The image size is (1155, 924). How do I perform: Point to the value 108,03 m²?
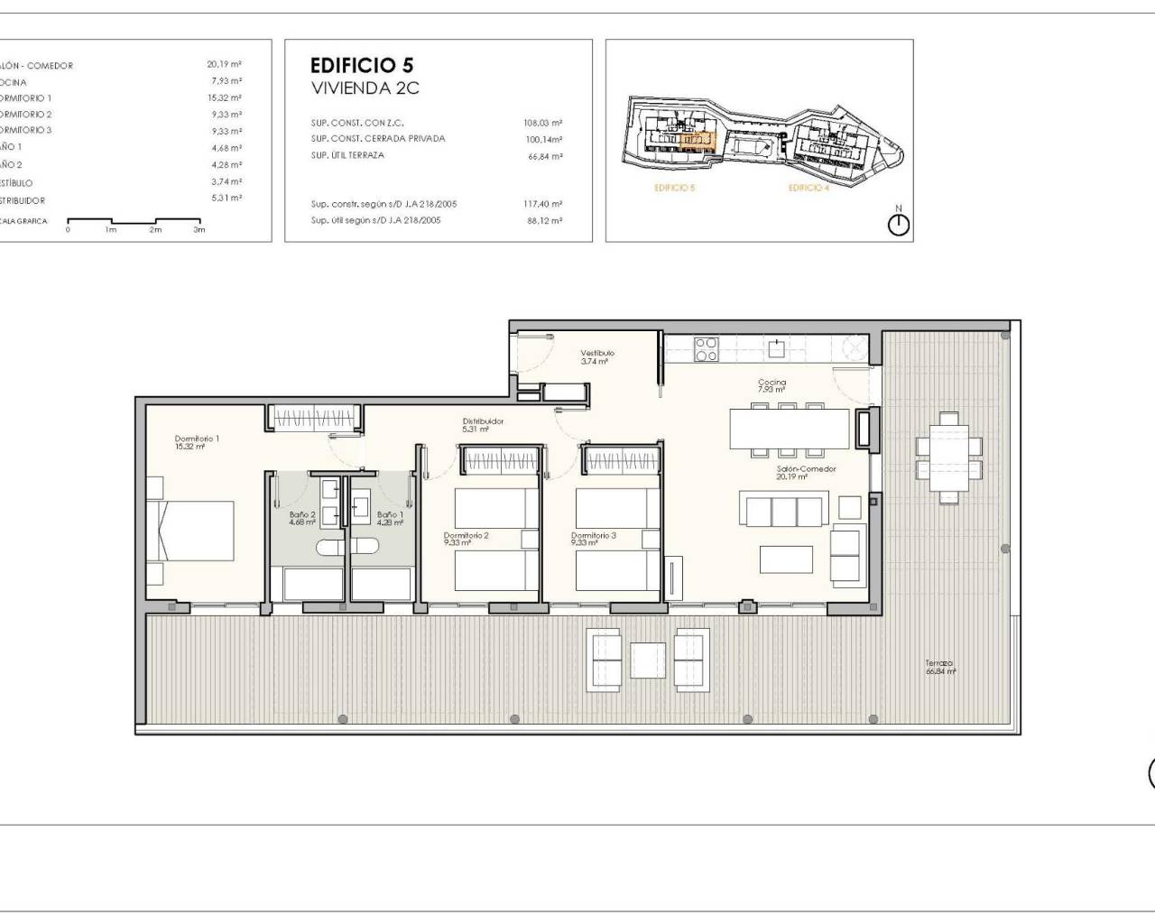tap(542, 123)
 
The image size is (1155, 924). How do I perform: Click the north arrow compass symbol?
tap(899, 224)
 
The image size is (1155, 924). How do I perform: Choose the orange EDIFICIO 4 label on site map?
tap(808, 188)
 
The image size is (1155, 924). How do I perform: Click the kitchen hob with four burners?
tap(706, 348)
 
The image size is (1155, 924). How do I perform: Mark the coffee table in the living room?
tap(786, 559)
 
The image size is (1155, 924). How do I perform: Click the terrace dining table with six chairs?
tap(948, 457)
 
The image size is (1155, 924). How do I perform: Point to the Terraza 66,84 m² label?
tap(939, 666)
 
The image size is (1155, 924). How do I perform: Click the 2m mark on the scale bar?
tap(155, 229)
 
